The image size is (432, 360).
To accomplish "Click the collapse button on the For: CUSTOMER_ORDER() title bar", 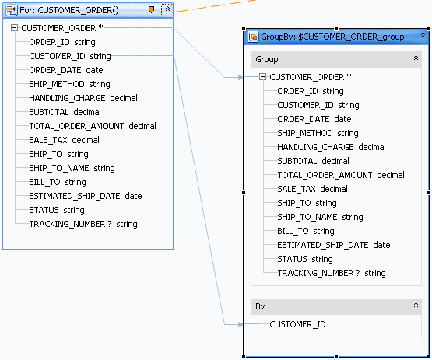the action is coord(167,10).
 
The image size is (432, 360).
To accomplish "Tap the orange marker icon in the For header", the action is coord(151,10).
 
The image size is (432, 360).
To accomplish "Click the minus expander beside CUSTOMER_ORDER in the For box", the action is coord(14,28).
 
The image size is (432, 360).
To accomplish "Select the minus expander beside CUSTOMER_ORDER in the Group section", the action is coord(262,77).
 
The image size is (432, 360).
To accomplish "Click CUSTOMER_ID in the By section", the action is coord(297,324).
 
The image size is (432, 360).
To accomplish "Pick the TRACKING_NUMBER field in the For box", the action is coord(67,224).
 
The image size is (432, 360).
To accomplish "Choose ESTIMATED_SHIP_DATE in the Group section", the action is coord(322,245).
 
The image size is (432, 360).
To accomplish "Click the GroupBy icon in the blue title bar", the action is coord(253,37).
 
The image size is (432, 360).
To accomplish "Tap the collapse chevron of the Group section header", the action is coord(416,58).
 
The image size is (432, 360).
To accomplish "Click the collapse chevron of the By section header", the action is coord(416,306).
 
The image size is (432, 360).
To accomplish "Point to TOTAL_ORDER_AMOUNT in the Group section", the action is coord(325,175).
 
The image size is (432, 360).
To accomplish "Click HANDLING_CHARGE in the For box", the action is coord(67,98).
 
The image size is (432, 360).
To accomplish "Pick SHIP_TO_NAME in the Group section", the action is coord(307,217).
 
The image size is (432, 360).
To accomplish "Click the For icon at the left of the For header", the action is coord(12,10).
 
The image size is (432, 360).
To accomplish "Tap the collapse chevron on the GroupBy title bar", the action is coord(423,36).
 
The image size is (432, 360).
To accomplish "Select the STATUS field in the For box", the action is coord(44,210).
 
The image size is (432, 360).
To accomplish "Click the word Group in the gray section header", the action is coord(267,59).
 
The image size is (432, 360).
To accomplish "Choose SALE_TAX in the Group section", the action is coord(297,189).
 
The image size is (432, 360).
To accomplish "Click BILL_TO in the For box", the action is coord(44,182).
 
